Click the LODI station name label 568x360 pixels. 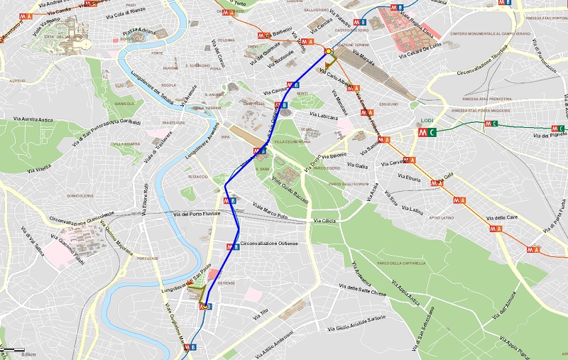click(x=427, y=121)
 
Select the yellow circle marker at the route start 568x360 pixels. click(x=328, y=51)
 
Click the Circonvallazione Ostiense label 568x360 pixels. click(x=269, y=244)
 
